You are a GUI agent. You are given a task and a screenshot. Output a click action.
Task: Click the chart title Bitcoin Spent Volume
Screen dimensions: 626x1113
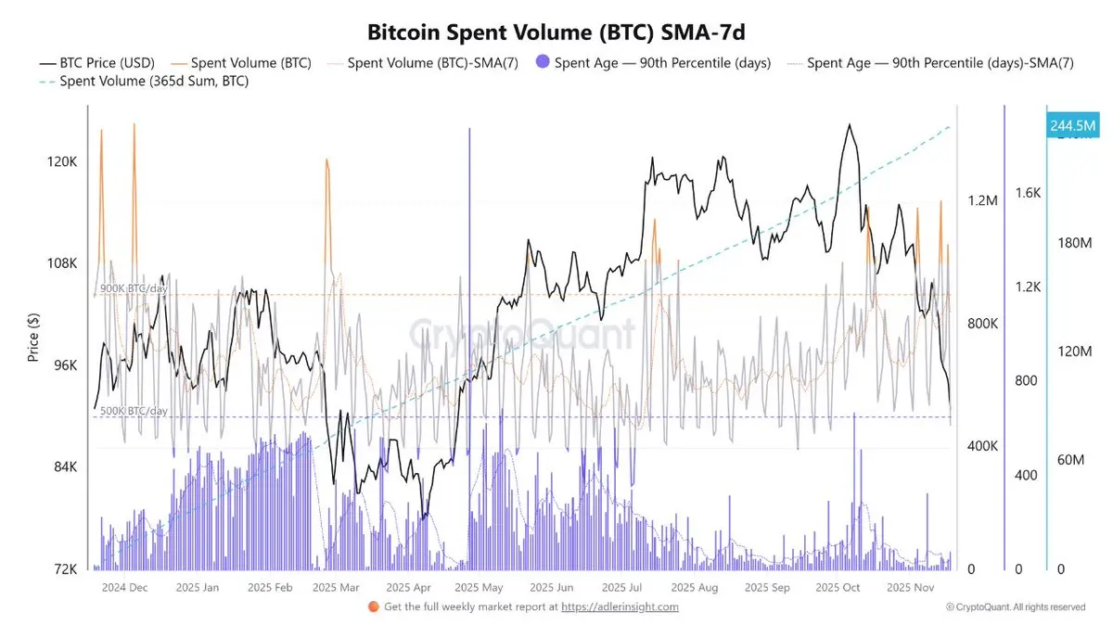pyautogui.click(x=556, y=33)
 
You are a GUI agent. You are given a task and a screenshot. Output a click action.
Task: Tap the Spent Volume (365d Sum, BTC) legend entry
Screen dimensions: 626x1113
pyautogui.click(x=153, y=82)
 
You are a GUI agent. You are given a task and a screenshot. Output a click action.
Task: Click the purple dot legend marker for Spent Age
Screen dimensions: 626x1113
pyautogui.click(x=543, y=63)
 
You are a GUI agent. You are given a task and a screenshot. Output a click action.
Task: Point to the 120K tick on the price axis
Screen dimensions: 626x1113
pyautogui.click(x=61, y=161)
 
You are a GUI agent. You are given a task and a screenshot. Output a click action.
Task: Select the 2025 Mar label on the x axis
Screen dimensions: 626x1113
pyautogui.click(x=336, y=587)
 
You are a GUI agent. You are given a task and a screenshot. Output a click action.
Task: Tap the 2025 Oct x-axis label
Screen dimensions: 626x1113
pyautogui.click(x=838, y=587)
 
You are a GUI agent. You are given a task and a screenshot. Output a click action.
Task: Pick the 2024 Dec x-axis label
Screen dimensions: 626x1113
pyautogui.click(x=124, y=587)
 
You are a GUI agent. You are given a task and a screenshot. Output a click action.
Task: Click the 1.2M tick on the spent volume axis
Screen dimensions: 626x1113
pyautogui.click(x=981, y=201)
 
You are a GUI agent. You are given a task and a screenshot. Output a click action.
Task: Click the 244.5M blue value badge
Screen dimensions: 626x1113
pyautogui.click(x=1072, y=125)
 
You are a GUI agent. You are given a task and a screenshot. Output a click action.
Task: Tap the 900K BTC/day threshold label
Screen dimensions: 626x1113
pyautogui.click(x=134, y=288)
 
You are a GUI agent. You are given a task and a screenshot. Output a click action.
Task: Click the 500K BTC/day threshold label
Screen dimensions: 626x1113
pyautogui.click(x=134, y=411)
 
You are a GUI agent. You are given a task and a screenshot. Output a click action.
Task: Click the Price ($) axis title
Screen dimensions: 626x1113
pyautogui.click(x=33, y=337)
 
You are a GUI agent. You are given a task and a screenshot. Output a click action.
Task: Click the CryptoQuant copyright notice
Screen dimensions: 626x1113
pyautogui.click(x=1016, y=607)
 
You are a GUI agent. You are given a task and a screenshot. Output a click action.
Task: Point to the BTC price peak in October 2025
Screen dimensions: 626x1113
pyautogui.click(x=847, y=124)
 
